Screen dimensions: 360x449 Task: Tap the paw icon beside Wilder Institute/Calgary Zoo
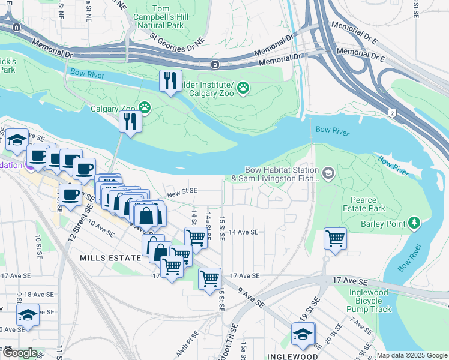(243, 89)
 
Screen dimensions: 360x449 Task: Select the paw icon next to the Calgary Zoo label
(145, 108)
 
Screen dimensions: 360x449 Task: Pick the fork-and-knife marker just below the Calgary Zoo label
(130, 122)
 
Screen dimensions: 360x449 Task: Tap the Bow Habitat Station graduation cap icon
(328, 174)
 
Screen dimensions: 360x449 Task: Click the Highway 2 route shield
(392, 113)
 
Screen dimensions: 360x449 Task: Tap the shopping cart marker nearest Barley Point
(335, 238)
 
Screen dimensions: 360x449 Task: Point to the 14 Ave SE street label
(243, 232)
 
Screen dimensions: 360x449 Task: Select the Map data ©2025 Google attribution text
(412, 355)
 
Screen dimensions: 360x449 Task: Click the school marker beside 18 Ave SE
(28, 315)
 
